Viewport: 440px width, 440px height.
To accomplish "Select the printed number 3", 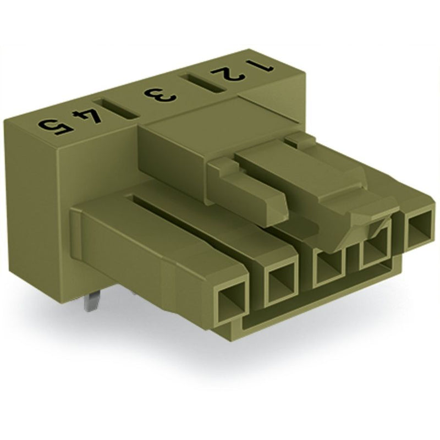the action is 160,96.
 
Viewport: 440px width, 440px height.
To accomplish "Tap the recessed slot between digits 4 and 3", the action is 116,109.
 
